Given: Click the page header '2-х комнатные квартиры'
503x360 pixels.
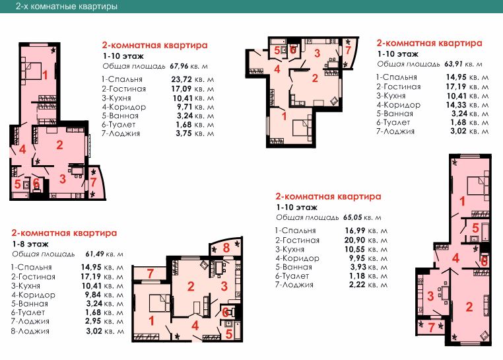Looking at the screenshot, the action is click(x=67, y=6).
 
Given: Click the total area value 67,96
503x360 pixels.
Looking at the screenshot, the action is click(x=179, y=66).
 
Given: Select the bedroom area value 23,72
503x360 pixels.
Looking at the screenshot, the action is click(x=182, y=79).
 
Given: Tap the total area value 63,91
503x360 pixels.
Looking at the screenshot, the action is click(x=453, y=64).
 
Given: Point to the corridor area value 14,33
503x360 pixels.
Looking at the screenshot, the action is click(x=456, y=104).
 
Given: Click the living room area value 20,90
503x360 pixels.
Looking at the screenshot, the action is click(x=354, y=240).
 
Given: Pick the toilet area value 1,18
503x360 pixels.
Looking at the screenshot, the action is click(x=357, y=276).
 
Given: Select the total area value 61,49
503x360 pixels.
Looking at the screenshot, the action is click(x=94, y=254).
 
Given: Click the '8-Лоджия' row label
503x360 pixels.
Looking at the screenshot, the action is click(x=30, y=331).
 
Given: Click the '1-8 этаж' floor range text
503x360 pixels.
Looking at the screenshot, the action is click(x=30, y=244).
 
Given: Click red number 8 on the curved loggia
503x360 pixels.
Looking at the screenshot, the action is click(x=226, y=248).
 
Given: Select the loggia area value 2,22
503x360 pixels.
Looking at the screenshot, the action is click(x=357, y=285).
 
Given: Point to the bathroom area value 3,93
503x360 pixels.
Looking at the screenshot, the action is click(x=358, y=267).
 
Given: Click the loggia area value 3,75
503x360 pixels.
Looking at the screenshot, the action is click(x=184, y=133).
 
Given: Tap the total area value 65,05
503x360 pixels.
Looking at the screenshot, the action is click(x=352, y=217).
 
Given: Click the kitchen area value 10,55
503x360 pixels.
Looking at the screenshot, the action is click(x=354, y=249).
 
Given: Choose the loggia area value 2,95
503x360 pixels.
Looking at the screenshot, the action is click(x=93, y=321).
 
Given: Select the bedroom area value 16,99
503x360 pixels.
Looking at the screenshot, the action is click(x=354, y=231).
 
